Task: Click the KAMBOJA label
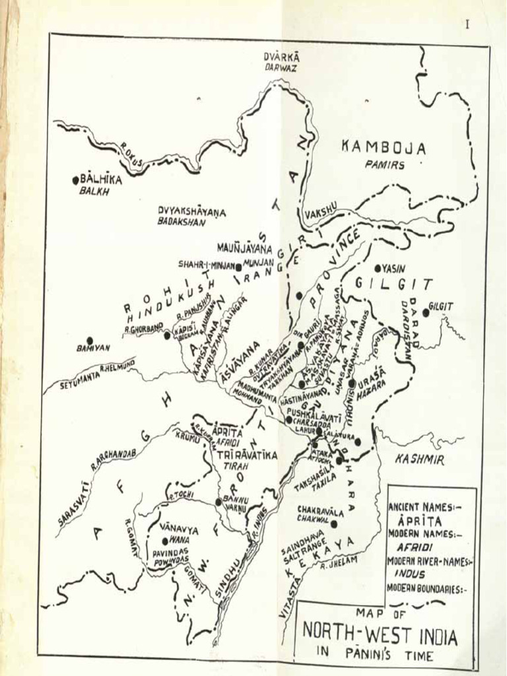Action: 384,148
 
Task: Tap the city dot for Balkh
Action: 76,180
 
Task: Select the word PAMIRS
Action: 385,165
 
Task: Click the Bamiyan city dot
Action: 90,340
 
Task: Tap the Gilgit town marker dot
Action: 426,312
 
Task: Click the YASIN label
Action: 394,268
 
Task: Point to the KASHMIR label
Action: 419,459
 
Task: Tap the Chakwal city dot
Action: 334,524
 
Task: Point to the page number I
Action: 467,24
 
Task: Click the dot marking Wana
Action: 165,541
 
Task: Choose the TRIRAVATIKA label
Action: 247,455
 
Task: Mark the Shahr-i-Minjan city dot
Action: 238,267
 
